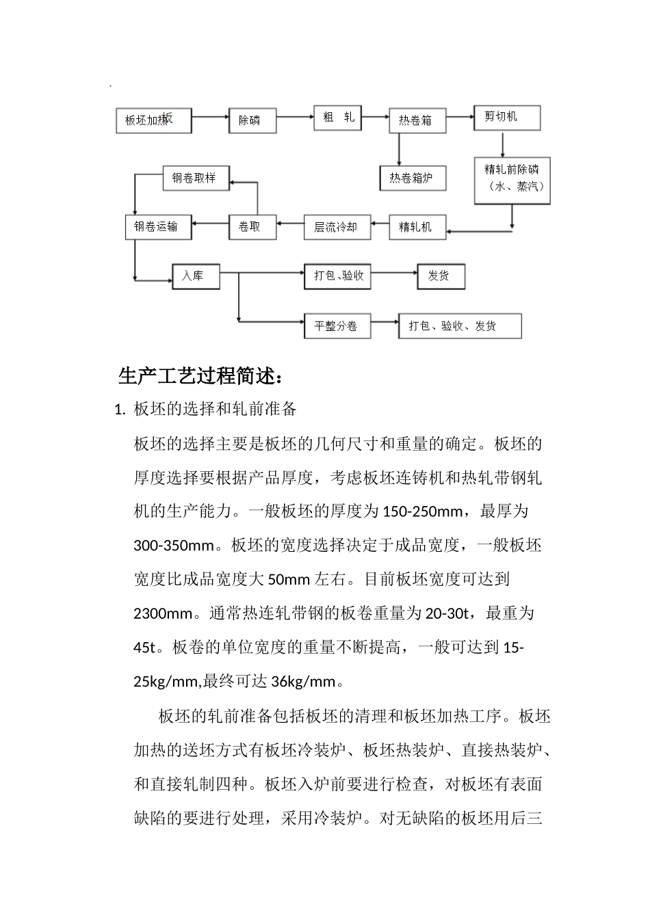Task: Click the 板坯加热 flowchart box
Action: pyautogui.click(x=153, y=120)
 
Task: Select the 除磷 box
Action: pyautogui.click(x=252, y=120)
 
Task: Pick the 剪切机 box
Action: pyautogui.click(x=507, y=118)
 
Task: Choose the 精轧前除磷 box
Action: pyautogui.click(x=512, y=180)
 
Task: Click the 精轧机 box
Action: pyautogui.click(x=418, y=227)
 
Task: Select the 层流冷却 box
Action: pyautogui.click(x=337, y=227)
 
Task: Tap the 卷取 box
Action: pyautogui.click(x=252, y=227)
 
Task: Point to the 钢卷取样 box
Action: pyautogui.click(x=195, y=178)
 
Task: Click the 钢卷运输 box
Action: pyautogui.click(x=158, y=227)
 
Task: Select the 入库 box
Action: pyautogui.click(x=196, y=276)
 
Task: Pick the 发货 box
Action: pyautogui.click(x=441, y=276)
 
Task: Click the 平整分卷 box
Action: pyautogui.click(x=337, y=326)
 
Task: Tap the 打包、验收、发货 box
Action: pyautogui.click(x=460, y=326)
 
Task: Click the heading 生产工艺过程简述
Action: pyautogui.click(x=200, y=376)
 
